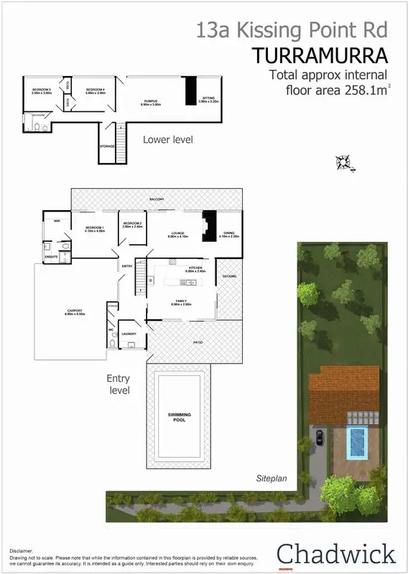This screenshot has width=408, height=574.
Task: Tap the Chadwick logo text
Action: (x=336, y=553)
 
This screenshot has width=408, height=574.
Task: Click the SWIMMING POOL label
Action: (x=179, y=417)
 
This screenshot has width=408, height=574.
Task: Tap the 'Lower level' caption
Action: (x=167, y=139)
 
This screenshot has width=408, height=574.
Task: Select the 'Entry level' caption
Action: (x=118, y=384)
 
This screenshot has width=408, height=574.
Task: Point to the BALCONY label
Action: (x=157, y=199)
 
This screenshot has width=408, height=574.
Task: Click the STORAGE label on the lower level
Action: (x=106, y=146)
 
